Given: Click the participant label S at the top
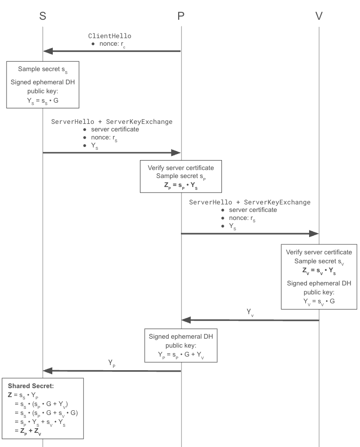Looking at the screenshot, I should click(x=43, y=16).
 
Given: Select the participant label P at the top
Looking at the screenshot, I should click(x=181, y=16).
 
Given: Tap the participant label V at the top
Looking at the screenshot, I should click(x=319, y=16).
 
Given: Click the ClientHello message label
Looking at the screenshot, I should click(x=110, y=36).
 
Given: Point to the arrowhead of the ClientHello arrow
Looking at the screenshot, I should click(x=47, y=51).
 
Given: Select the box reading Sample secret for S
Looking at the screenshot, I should click(x=42, y=84).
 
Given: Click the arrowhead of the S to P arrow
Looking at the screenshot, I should click(x=176, y=153).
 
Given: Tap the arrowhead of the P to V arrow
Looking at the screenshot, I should click(x=314, y=233).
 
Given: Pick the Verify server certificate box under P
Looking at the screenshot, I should click(x=181, y=176).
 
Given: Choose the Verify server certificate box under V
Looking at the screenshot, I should click(x=319, y=276).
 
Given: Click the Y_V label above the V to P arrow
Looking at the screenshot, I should click(x=251, y=312).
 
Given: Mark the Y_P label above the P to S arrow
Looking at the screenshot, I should click(x=112, y=363).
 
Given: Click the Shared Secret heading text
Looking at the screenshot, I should click(x=31, y=386).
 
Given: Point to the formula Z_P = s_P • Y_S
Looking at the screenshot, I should click(x=181, y=185).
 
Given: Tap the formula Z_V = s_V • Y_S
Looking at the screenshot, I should click(x=319, y=270).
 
